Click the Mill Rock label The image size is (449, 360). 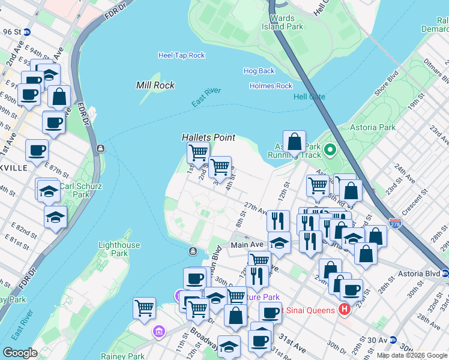click(155, 85)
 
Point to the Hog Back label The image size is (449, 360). click(259, 71)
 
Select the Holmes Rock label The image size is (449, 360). click(271, 86)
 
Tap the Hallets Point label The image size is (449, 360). click(208, 137)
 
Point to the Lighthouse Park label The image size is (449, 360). click(119, 249)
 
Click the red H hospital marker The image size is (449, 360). click(345, 310)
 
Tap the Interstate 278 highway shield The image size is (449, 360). click(394, 224)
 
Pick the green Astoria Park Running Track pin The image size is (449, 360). click(330, 149)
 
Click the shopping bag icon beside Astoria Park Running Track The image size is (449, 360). click(294, 143)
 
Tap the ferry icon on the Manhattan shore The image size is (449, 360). click(101, 148)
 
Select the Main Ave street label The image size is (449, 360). click(247, 245)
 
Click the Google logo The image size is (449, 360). click(20, 353)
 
